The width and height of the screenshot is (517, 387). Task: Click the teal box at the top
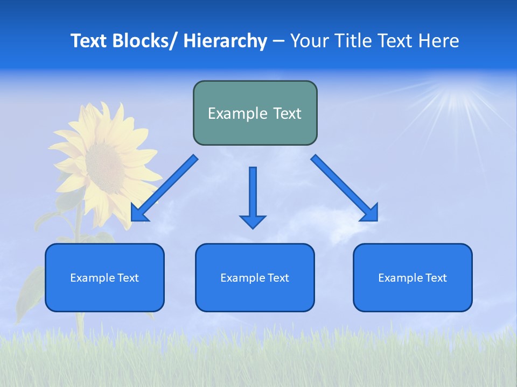click(255, 113)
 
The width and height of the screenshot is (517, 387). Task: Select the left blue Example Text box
click(104, 277)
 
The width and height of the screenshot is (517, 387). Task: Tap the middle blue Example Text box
click(255, 277)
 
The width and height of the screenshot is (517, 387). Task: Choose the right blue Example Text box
click(413, 277)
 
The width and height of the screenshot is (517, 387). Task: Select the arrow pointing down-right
click(345, 188)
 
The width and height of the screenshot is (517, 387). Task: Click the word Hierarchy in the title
click(225, 41)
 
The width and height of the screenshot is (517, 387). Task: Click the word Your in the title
click(309, 41)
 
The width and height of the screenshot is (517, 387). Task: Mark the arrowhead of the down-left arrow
click(138, 213)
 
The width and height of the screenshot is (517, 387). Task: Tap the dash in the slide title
click(278, 41)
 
